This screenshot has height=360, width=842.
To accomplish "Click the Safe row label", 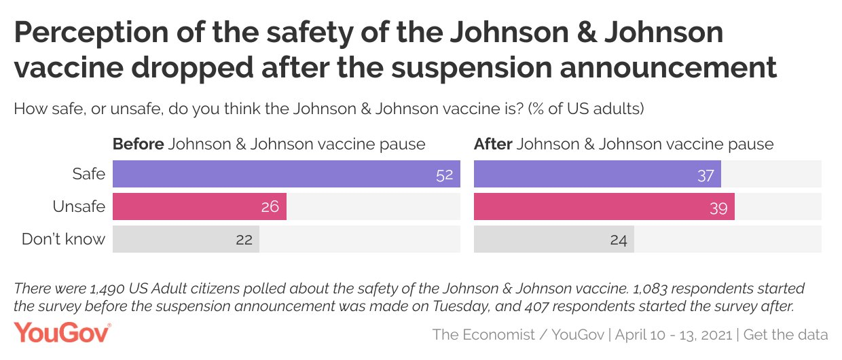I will coord(89,174).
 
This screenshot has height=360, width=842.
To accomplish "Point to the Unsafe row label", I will coord(79,206).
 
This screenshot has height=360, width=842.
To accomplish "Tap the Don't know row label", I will coord(64,239).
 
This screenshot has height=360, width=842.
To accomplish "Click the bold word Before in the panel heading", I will coord(139,144).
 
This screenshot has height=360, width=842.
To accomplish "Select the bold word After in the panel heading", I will coord(493,144).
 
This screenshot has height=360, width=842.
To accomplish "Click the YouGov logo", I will coord(62,333).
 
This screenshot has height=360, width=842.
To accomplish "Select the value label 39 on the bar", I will coord(718,207).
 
